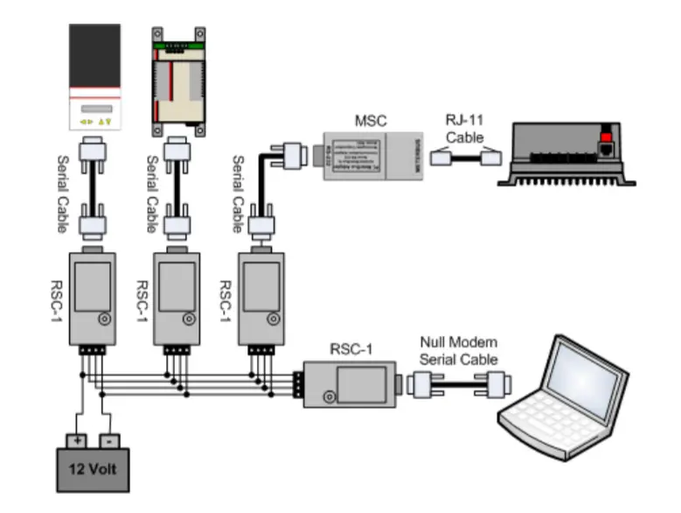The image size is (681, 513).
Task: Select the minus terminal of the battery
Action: pos(109,440)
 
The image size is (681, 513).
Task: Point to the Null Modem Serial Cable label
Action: pos(458,351)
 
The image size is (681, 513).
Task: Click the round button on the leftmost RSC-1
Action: pos(105,320)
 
